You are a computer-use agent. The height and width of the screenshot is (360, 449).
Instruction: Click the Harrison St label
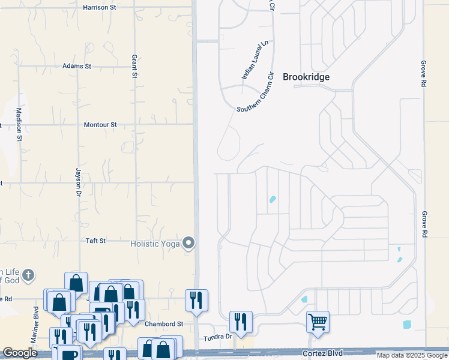(x=100, y=7)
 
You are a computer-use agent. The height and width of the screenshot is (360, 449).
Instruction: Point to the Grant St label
(x=134, y=66)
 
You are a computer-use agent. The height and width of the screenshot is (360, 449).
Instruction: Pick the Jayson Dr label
(x=78, y=182)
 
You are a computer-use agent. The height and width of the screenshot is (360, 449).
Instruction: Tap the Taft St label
(x=95, y=241)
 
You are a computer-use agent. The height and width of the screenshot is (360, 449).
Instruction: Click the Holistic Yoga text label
(x=155, y=244)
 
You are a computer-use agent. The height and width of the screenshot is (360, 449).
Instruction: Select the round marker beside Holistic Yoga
(x=189, y=243)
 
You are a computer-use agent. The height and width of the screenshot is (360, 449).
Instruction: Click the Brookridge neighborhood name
(x=307, y=77)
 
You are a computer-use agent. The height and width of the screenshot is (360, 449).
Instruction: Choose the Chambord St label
(x=159, y=323)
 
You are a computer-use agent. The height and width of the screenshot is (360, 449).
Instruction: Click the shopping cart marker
(x=318, y=320)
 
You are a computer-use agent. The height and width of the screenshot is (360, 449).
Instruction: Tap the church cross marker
(x=27, y=275)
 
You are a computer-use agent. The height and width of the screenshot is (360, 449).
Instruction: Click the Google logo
(x=20, y=353)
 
